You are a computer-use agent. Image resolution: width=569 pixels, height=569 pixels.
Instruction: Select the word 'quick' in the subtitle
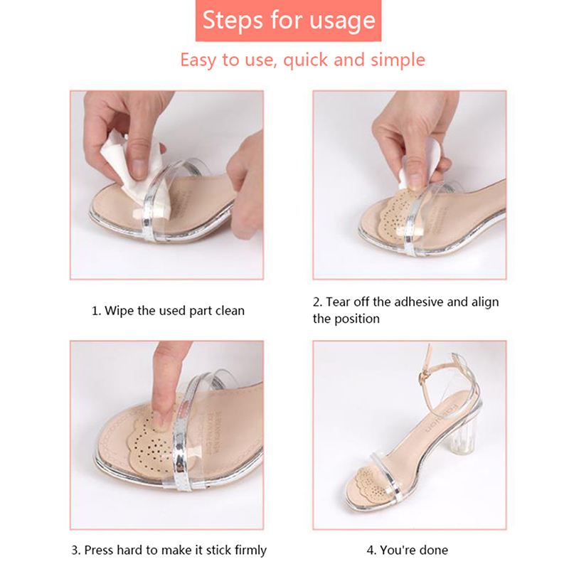coord(305,60)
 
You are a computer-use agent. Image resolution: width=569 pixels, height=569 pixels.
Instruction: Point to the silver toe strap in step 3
coord(184,435)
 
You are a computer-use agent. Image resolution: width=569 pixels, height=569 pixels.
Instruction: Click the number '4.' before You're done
coord(371,551)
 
